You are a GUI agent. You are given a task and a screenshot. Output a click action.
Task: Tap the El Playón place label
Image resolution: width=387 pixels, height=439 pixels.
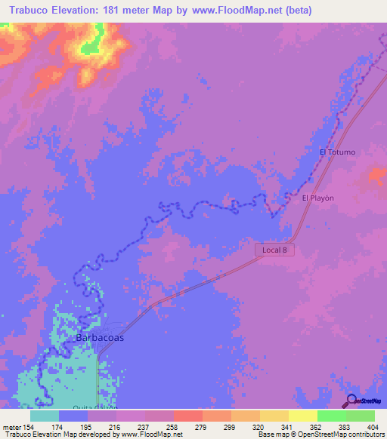317,198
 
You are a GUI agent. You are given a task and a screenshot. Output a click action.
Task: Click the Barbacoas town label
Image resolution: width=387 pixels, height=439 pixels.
100,338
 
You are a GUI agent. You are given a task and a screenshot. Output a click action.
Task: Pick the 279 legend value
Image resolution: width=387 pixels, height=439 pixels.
202,428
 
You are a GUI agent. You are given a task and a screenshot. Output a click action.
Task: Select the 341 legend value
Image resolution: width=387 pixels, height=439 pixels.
288,428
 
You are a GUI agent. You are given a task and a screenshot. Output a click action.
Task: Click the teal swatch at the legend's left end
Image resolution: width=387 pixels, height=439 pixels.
45,416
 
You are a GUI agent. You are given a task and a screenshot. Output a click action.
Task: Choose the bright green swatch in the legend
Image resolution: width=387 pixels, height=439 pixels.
331,416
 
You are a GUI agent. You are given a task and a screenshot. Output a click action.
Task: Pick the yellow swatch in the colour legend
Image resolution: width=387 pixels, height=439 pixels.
302,416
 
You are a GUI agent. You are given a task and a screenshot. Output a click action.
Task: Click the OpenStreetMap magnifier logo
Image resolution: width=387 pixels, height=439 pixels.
350,400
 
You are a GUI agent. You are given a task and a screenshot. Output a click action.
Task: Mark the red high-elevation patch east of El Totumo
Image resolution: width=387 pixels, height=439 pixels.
375,178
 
